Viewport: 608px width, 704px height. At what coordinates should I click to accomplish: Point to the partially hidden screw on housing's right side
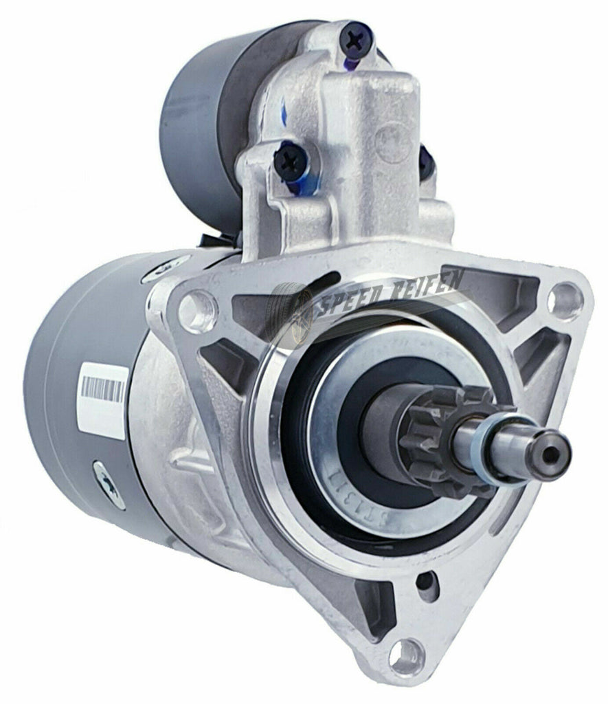click(x=425, y=162)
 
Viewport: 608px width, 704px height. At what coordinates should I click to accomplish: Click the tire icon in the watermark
click(x=297, y=313)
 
